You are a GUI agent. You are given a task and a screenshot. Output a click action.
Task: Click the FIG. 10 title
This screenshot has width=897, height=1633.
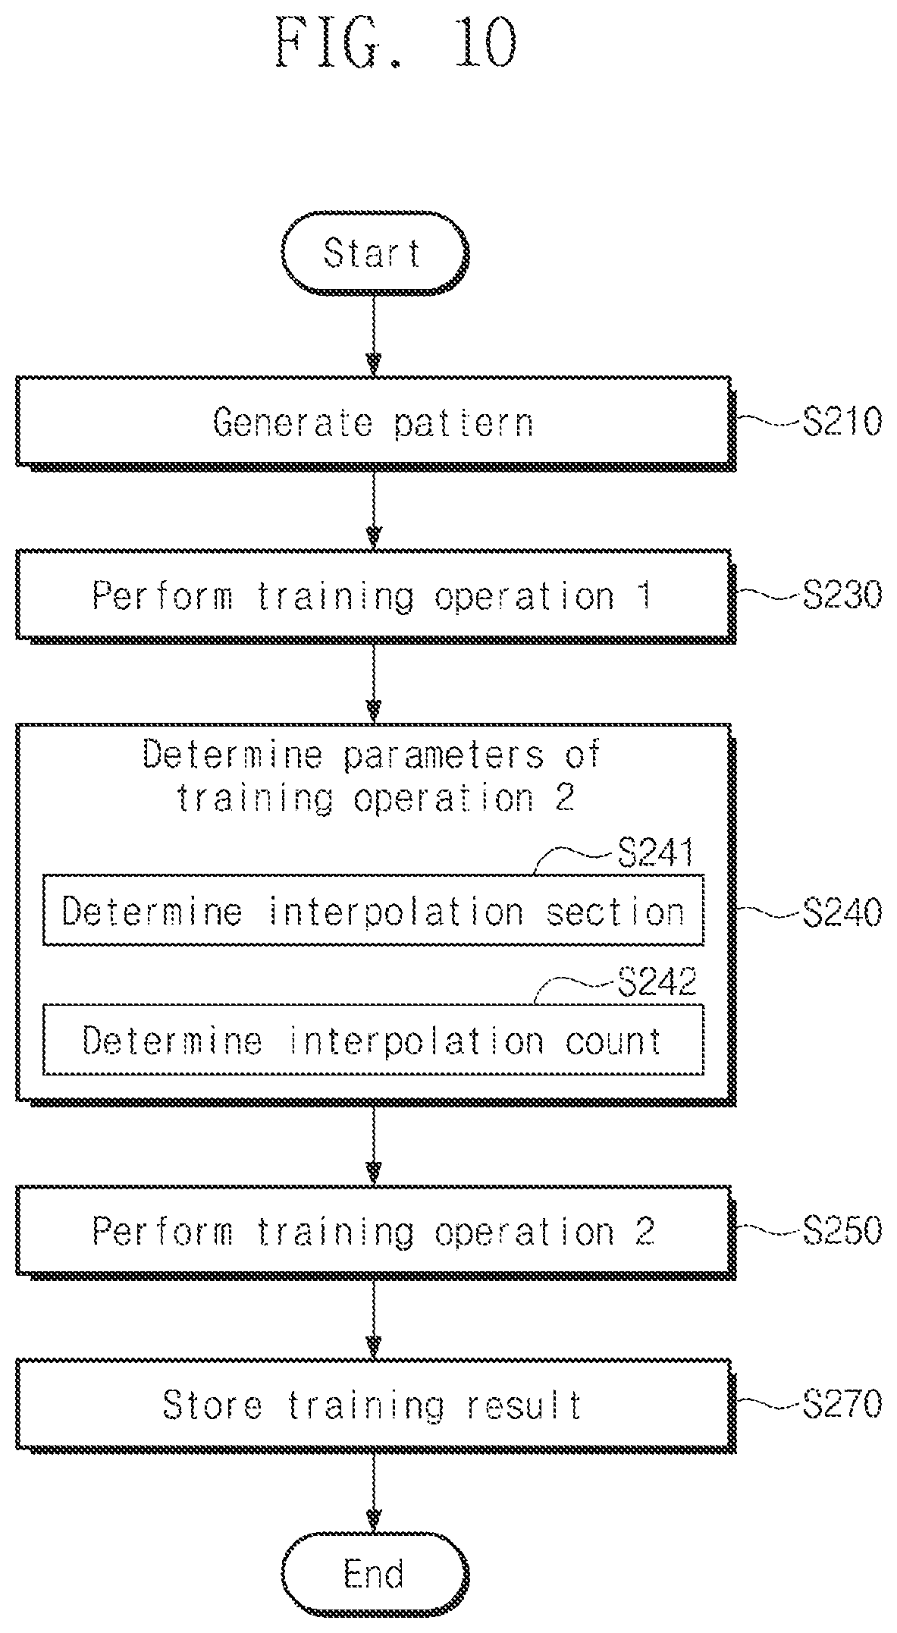(397, 43)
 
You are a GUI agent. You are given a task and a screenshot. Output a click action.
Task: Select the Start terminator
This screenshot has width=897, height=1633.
(375, 253)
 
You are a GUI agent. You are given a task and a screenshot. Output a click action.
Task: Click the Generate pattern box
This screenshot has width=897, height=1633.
(375, 422)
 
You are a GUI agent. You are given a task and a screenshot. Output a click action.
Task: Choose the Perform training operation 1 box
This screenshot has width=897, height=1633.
(375, 596)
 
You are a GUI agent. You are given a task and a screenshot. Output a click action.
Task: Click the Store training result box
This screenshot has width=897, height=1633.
(375, 1405)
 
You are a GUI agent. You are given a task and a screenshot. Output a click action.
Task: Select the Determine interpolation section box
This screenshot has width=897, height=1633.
(373, 910)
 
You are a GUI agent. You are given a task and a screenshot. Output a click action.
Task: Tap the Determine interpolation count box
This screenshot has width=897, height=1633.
(373, 1040)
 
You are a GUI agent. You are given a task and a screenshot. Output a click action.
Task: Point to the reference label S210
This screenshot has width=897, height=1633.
(842, 422)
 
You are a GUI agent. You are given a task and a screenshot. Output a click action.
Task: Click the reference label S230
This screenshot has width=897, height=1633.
(842, 595)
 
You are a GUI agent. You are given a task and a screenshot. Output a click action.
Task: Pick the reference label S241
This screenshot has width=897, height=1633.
(656, 854)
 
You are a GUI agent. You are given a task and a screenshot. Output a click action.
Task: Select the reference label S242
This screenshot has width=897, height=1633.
(656, 983)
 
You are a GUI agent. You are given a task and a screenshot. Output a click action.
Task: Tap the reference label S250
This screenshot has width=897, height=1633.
(842, 1230)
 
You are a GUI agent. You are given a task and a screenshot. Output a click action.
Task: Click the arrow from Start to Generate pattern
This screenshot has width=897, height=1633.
(373, 334)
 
